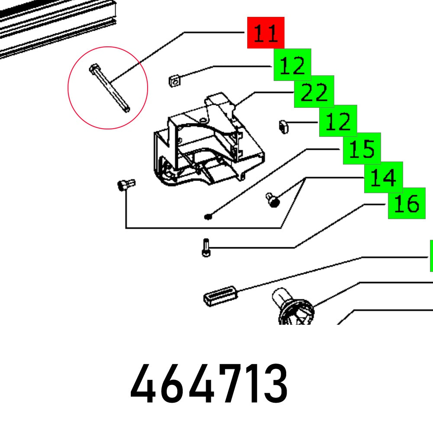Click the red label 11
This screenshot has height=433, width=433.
tap(266, 32)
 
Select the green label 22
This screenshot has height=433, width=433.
tap(314, 91)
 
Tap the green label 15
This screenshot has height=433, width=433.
tap(362, 149)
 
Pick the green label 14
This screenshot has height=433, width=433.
tap(383, 177)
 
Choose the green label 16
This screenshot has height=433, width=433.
tap(407, 203)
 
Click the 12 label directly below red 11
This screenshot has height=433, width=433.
tap(292, 65)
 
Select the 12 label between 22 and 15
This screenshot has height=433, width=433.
tap(338, 121)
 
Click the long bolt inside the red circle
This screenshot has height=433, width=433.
tap(110, 88)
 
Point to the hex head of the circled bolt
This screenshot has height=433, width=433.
tap(93, 68)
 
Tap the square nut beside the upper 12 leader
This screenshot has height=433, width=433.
tap(174, 81)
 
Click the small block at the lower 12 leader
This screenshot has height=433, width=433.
tap(283, 126)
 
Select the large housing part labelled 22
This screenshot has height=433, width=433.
tap(209, 141)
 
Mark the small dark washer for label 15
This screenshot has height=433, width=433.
tap(208, 217)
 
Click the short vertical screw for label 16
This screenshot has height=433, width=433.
tap(206, 248)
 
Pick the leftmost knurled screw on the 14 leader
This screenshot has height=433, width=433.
tap(126, 184)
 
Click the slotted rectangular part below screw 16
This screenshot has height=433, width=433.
tap(220, 296)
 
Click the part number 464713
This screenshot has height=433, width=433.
tap(209, 383)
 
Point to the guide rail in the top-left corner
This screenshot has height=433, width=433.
tap(57, 26)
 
